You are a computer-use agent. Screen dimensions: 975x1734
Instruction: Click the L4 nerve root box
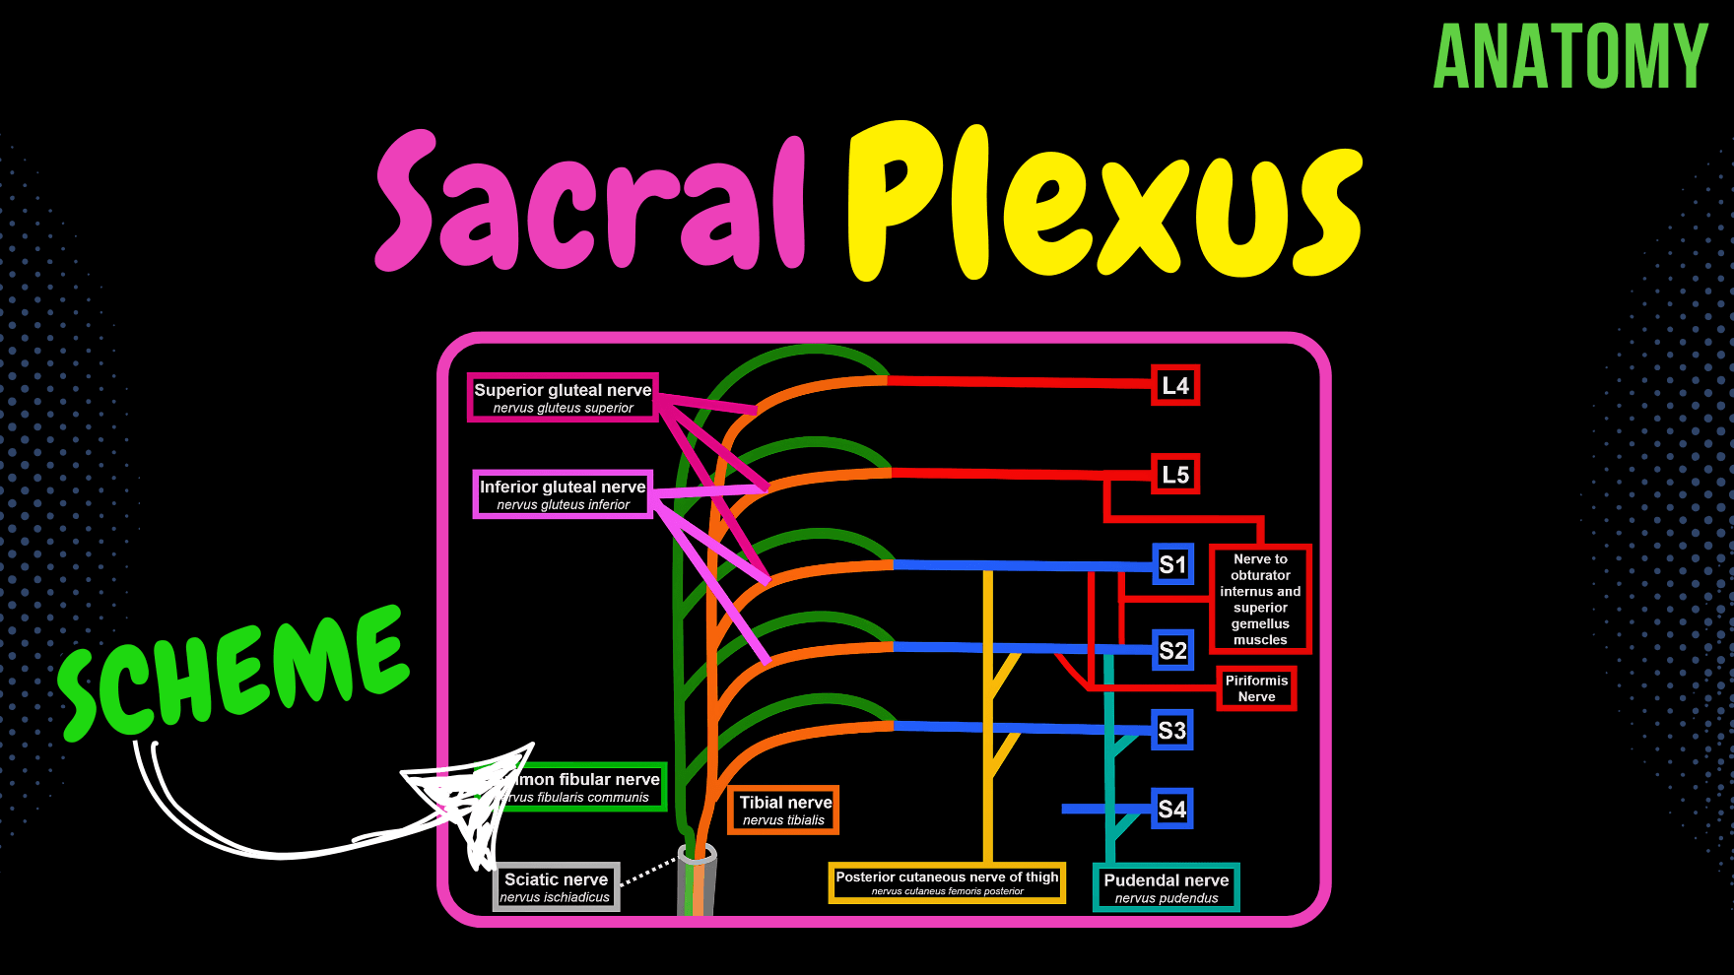[x=1175, y=386]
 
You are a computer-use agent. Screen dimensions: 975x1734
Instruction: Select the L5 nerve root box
[x=1175, y=475]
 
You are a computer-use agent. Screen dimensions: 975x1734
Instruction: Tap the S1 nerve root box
[x=1172, y=564]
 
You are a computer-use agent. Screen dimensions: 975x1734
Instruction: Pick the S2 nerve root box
[x=1172, y=650]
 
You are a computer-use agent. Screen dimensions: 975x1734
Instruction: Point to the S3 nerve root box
[x=1172, y=731]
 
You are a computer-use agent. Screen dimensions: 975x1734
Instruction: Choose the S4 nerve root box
[x=1172, y=810]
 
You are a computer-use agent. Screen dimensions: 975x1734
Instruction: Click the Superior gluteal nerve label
[x=563, y=398]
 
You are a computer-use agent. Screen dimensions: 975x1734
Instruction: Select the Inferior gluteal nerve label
[x=563, y=494]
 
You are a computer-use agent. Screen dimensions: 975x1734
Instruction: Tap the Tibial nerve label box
[x=784, y=811]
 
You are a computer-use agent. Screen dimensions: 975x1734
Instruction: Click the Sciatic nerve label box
[x=556, y=887]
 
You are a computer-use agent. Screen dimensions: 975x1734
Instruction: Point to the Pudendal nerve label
[x=1167, y=887]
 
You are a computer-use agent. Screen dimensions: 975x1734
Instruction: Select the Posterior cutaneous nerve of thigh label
[x=947, y=882]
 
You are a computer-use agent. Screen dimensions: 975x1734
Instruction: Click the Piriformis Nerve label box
[x=1256, y=688]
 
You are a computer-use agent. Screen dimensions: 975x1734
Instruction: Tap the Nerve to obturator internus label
[x=1260, y=599]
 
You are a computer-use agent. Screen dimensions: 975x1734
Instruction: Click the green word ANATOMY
[x=1570, y=57]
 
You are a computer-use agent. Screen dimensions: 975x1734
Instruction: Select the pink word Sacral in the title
[x=591, y=202]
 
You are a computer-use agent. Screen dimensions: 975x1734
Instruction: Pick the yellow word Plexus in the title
[x=1103, y=202]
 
